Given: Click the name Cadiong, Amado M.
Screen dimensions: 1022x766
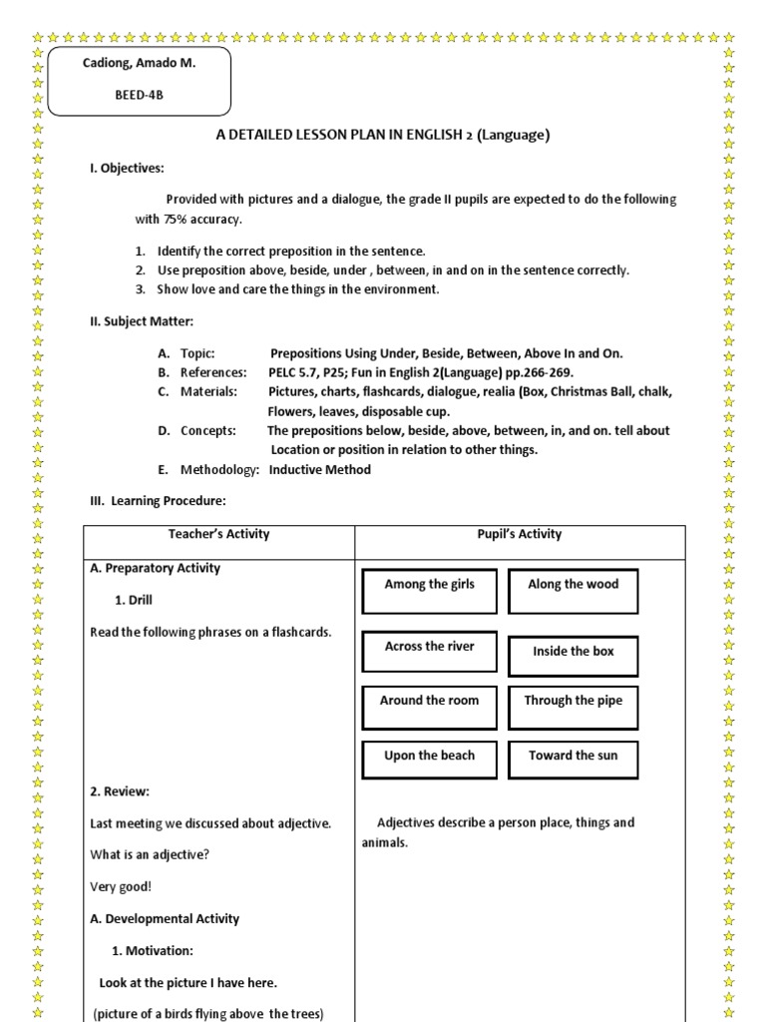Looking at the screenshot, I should point(139,63).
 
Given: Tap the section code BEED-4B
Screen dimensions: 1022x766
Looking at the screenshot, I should point(139,97).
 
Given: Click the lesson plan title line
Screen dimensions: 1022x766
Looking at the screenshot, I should point(383,135).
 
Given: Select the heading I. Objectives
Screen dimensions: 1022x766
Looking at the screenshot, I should point(128,168).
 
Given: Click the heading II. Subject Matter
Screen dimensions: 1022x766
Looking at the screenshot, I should point(142,320).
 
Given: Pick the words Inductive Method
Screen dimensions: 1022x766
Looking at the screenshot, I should point(319,469).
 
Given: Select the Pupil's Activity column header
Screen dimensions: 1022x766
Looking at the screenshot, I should point(519,534).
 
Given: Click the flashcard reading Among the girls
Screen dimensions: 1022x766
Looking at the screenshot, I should point(430,585).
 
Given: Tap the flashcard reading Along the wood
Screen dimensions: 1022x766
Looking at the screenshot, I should point(573,585).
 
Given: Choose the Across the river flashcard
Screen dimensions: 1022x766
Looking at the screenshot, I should point(430,647).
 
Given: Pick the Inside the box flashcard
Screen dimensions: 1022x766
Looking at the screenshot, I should point(573,652).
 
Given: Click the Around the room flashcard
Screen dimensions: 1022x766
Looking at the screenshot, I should point(429,701).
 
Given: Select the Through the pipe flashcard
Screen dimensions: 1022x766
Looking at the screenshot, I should point(573,701).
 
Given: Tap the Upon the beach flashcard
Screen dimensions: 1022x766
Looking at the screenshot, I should point(430,756).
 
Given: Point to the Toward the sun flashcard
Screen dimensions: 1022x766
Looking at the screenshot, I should point(573,756).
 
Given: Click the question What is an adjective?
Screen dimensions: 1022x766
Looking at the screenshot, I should point(150,854).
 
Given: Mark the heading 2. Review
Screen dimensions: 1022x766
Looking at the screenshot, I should point(120,791).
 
